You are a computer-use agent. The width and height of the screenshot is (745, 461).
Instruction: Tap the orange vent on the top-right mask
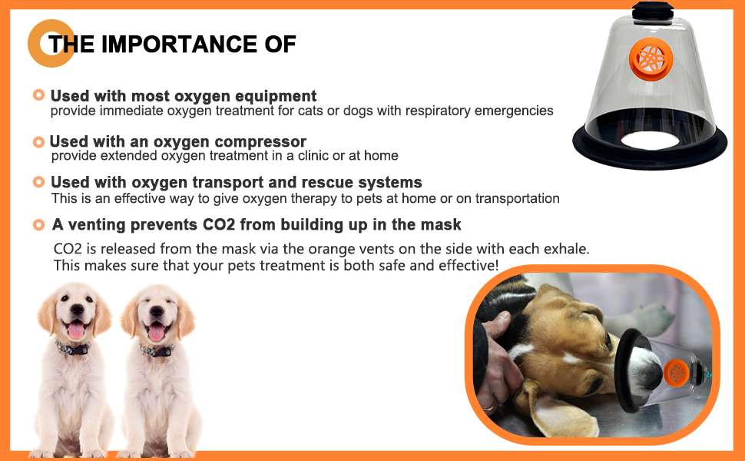coord(651,59)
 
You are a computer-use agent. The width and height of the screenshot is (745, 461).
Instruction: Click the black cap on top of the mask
coord(652,11)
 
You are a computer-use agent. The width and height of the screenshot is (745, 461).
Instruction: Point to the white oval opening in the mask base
coord(650,141)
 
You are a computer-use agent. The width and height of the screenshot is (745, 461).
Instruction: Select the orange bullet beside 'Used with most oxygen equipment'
coord(38,95)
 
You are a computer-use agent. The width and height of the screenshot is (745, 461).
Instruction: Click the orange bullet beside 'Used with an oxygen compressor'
coord(38,141)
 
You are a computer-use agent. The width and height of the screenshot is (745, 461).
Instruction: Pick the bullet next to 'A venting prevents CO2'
coord(38,225)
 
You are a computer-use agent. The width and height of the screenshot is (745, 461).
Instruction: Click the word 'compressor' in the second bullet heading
coord(260,141)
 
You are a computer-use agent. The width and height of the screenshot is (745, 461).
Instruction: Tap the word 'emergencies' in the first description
coord(514,111)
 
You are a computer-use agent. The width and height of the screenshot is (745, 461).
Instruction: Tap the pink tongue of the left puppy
coord(76,330)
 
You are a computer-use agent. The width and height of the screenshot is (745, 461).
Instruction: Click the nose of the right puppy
coord(157,312)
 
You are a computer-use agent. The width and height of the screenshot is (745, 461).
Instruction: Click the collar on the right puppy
coord(156,350)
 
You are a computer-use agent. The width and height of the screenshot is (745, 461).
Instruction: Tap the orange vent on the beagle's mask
coord(676,373)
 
